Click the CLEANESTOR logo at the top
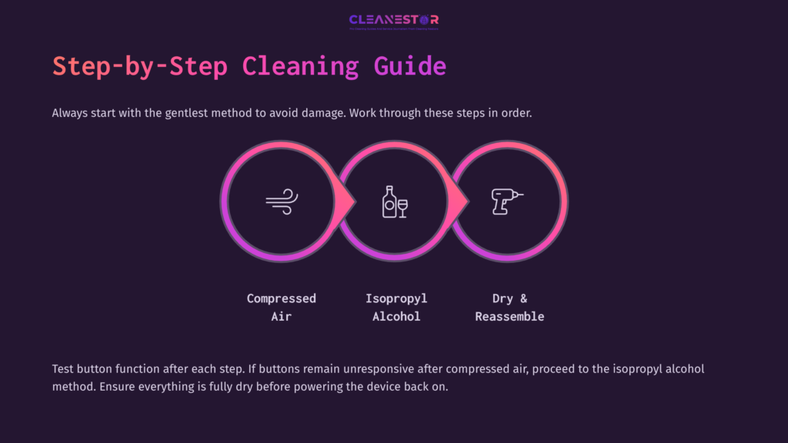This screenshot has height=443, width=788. [x=393, y=21]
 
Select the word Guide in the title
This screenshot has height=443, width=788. [x=410, y=66]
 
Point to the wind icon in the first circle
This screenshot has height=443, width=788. [x=281, y=202]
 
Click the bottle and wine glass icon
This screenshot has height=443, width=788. [x=395, y=202]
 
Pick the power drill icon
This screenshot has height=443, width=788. [x=507, y=202]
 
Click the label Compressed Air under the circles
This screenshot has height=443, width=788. [x=281, y=307]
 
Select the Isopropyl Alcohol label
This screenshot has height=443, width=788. [x=396, y=307]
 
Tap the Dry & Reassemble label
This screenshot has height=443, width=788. [x=509, y=307]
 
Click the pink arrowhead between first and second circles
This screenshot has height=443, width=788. [x=346, y=202]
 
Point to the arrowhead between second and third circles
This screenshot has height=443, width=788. [x=459, y=202]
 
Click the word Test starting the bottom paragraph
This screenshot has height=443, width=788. [x=65, y=369]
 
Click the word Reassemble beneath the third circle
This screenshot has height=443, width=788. [x=509, y=316]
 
